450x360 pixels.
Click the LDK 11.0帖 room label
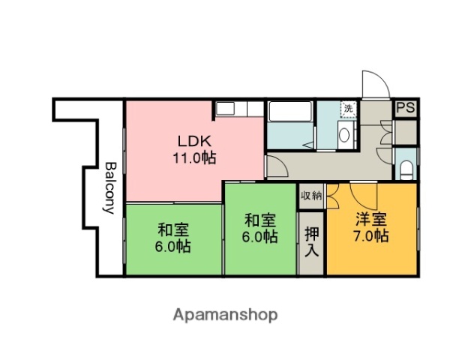coord(196,149)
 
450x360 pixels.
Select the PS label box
coord(405,108)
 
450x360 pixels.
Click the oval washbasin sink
coord(343,135)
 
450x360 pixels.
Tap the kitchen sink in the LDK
coord(227,109)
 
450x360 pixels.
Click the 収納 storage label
coord(311,196)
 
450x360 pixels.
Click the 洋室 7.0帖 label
coord(371,227)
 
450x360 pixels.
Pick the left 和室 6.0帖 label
coord(173,238)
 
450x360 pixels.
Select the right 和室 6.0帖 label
coord(260,228)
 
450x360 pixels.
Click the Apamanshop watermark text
coord(224,315)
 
